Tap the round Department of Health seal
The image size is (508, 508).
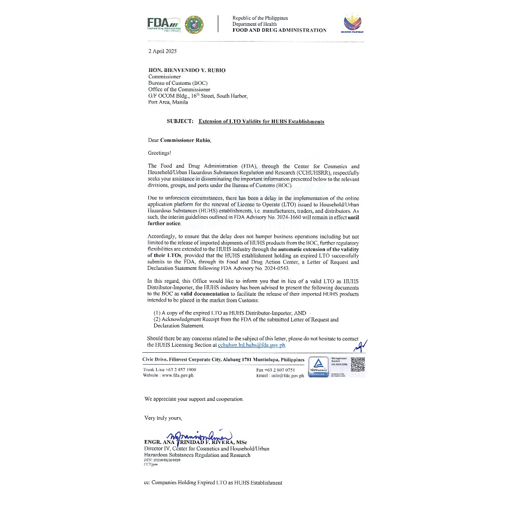point(194,24)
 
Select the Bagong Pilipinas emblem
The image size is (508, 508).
point(352,23)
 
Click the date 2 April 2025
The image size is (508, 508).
point(162,51)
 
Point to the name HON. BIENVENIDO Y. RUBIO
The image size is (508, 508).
point(187,70)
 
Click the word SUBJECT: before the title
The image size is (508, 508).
point(181,122)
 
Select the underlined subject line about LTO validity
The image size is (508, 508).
point(261,122)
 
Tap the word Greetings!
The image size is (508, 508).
point(159,153)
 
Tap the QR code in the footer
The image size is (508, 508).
point(357,364)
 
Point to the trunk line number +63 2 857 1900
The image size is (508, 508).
point(176,370)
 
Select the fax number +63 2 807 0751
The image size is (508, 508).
point(282,370)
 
